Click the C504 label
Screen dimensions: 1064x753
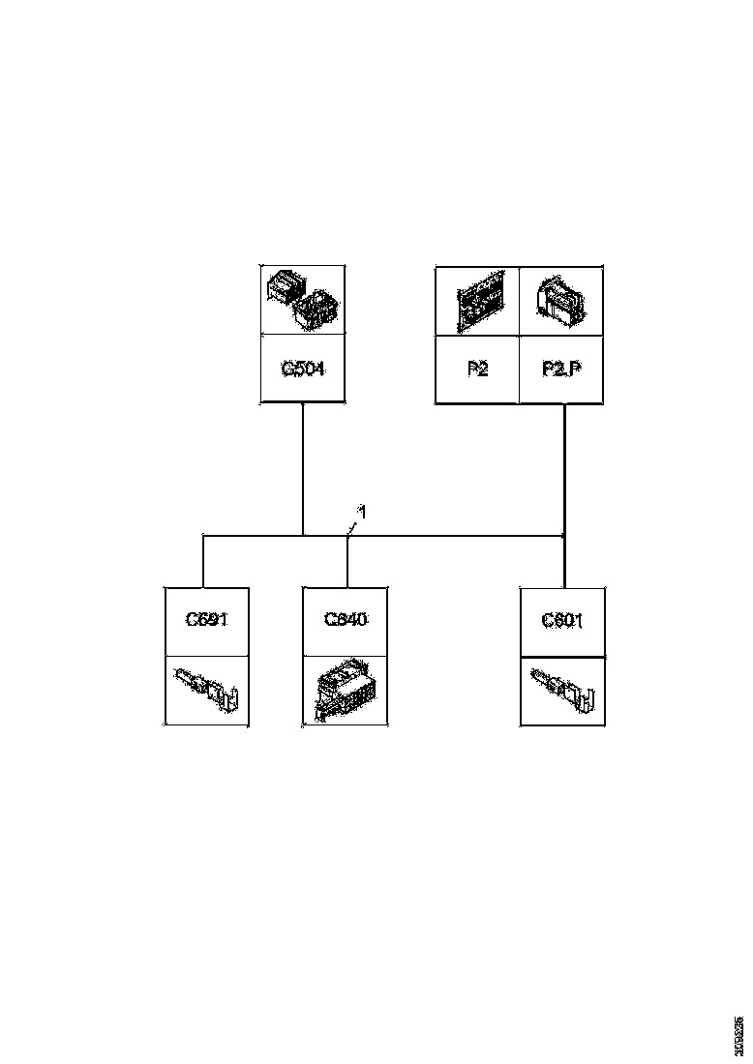coord(303,369)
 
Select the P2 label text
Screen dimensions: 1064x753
coord(476,369)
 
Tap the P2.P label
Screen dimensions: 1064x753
coord(561,369)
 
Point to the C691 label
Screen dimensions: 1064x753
coord(206,619)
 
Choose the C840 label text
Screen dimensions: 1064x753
coord(346,619)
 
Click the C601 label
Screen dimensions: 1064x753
coord(563,619)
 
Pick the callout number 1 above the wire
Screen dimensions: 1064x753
coord(362,511)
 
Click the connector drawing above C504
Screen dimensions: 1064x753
coord(303,300)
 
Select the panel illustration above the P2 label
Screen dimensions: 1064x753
coord(476,301)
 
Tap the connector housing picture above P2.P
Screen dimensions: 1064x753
coord(561,301)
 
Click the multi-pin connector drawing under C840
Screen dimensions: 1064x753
coord(346,693)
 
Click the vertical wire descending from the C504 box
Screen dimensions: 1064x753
coord(303,464)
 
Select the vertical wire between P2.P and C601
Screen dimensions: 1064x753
coord(564,464)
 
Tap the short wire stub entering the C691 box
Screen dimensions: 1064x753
coord(202,560)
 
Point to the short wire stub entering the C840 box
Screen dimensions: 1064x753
coord(347,561)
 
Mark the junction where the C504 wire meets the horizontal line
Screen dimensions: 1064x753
coord(303,534)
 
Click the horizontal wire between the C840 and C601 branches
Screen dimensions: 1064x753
coord(455,534)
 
